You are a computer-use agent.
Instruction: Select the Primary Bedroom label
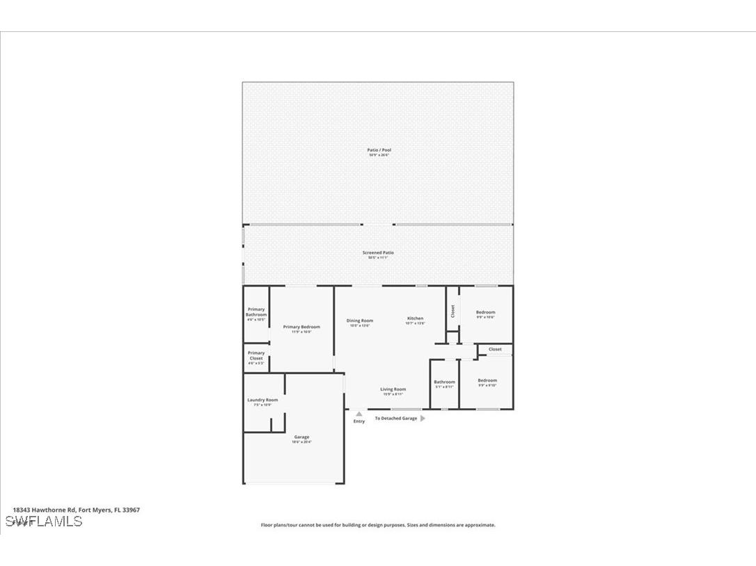click(x=301, y=327)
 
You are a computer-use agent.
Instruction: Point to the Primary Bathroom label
click(x=256, y=312)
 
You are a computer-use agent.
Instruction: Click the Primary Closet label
click(x=256, y=355)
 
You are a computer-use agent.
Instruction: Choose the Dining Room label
click(x=360, y=321)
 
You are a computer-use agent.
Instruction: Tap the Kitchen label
click(x=415, y=318)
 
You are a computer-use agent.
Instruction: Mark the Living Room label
click(x=393, y=389)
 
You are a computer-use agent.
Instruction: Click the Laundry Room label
click(x=262, y=400)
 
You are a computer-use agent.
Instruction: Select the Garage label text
click(x=301, y=437)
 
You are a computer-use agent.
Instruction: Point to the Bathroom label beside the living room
click(x=444, y=382)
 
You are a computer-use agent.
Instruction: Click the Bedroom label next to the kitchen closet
click(x=485, y=312)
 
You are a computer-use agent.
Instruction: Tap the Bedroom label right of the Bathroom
click(x=487, y=380)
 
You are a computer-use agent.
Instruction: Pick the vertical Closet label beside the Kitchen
click(x=452, y=312)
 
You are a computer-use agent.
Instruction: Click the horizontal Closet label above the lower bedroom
click(x=495, y=349)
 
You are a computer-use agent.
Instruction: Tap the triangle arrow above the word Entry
click(x=359, y=414)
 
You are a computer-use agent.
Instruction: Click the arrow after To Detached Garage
click(x=423, y=419)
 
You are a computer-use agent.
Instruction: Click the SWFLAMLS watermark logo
click(x=43, y=521)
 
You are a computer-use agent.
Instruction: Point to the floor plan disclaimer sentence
click(x=378, y=525)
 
